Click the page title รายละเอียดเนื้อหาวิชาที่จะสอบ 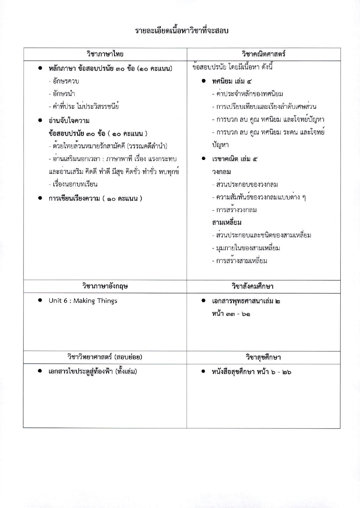point(182,31)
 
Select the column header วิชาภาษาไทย point(105,54)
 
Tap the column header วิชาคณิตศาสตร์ point(263,54)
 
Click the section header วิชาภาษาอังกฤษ point(105,286)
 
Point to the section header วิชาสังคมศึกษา point(263,286)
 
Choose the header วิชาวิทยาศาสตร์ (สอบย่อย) point(105,357)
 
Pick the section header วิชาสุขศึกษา point(263,357)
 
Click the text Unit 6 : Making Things point(83,301)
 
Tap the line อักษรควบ point(64,81)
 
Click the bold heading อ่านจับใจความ point(69,121)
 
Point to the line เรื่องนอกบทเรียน point(73,184)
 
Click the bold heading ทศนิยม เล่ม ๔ point(232,82)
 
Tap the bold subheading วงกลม point(221,172)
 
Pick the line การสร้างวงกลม point(234,210)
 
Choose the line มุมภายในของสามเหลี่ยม point(246,248)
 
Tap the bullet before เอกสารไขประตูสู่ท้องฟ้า point(40,371)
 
